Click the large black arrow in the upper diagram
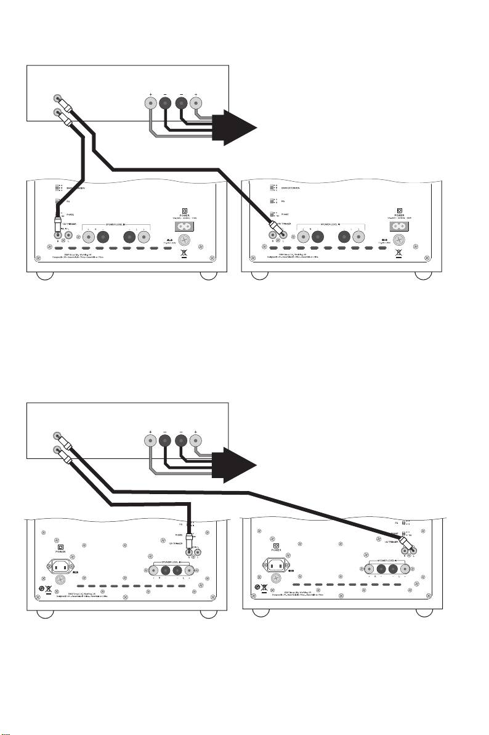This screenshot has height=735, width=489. pos(237,126)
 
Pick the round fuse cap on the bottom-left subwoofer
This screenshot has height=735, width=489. pos(61,580)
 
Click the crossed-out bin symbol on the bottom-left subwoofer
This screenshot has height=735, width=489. pos(48,588)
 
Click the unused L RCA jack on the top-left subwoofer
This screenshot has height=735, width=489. pos(68,234)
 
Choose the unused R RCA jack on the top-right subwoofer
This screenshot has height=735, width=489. pos(273,234)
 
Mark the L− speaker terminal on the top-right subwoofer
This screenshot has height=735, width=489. pos(342,235)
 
